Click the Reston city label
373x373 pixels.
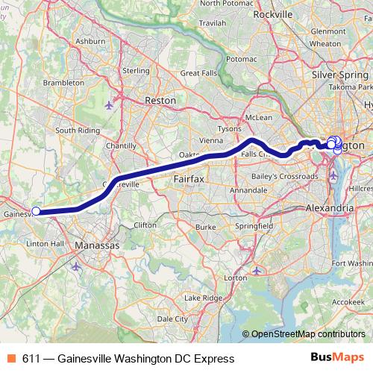point(161,99)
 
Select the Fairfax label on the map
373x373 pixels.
point(189,180)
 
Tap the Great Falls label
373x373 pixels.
point(198,73)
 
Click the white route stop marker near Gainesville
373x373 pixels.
point(36,211)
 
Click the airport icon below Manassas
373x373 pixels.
point(75,265)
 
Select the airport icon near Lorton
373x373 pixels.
point(257,271)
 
